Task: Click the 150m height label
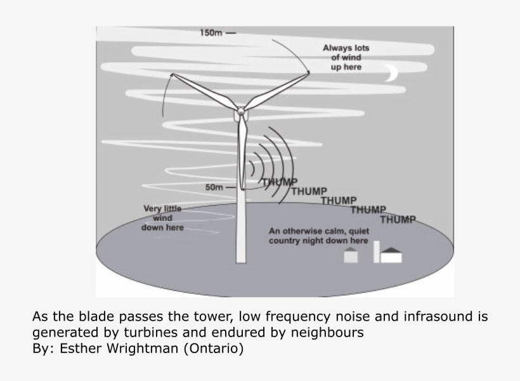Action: point(211,33)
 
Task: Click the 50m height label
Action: point(215,188)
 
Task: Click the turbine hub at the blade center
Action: point(241,111)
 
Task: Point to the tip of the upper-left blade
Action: point(171,75)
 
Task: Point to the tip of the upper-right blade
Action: point(308,72)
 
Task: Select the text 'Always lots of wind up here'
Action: point(346,57)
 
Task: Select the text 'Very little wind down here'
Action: point(162,218)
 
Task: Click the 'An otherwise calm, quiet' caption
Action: point(319,232)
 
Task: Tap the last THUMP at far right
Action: point(398,220)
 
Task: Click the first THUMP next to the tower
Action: point(280,182)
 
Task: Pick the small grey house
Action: point(351,255)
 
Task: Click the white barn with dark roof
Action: point(391,255)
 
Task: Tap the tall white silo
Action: point(376,251)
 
